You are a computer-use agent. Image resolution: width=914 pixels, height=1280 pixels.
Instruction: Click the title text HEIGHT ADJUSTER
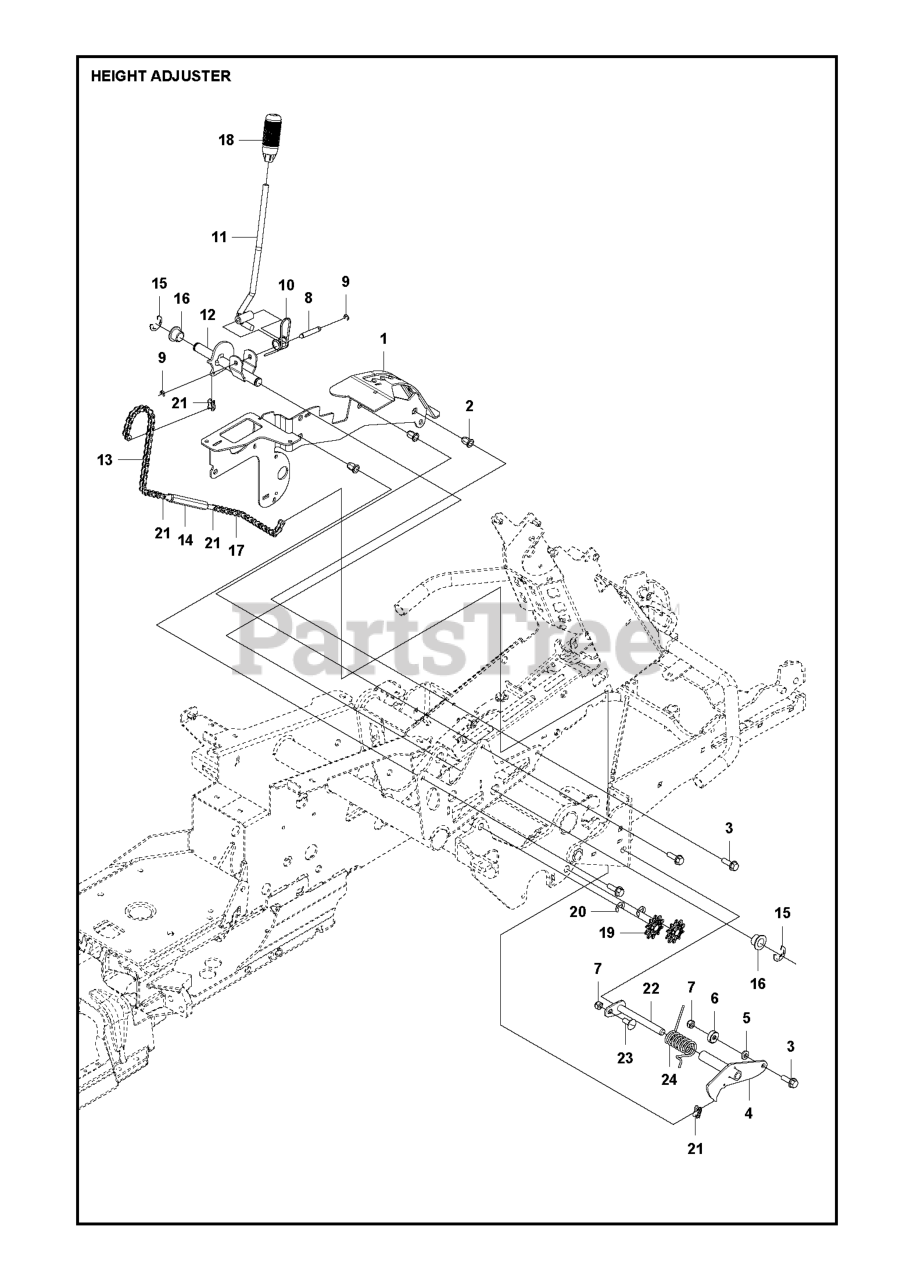(160, 76)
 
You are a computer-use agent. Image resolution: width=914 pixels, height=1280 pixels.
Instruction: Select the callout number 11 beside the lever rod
(219, 237)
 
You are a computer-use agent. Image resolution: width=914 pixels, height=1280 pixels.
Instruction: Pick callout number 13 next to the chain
(105, 459)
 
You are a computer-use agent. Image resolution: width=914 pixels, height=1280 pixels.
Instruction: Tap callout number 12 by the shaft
(210, 315)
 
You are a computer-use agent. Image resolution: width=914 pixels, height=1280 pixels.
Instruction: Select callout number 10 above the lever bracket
(286, 285)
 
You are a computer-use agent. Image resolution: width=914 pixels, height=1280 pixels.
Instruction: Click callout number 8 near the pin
(308, 297)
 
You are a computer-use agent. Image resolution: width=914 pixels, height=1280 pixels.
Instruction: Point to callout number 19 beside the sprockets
(607, 933)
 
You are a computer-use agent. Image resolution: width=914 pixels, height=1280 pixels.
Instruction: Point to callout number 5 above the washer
(745, 1018)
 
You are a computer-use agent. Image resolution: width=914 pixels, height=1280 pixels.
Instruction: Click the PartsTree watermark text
(450, 640)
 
